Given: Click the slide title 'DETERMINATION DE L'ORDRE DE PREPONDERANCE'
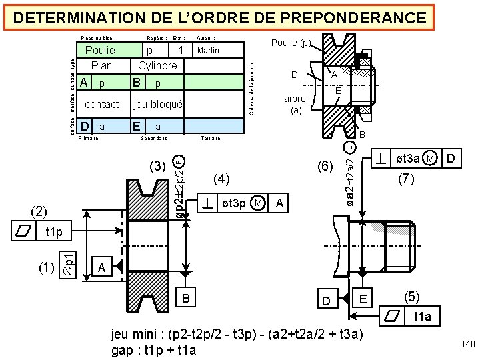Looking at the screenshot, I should tap(219, 17).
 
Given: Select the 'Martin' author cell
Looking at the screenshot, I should tap(208, 51).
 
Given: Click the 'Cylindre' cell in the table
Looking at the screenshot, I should tap(157, 65).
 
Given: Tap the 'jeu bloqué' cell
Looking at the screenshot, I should tap(158, 104).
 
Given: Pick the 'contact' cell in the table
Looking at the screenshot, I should tap(101, 104).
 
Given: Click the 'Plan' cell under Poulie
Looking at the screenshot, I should tap(101, 65).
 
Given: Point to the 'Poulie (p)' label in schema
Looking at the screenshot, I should tap(291, 43).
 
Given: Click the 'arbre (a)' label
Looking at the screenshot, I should tap(295, 105).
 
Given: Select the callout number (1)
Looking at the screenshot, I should tap(47, 268).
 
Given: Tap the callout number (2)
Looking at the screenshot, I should tap(40, 211).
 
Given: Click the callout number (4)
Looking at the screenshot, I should tap(221, 178).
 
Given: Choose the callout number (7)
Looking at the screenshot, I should tap(407, 179).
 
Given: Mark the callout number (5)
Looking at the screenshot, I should tap(413, 296).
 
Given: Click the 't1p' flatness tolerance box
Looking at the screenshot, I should tap(54, 233).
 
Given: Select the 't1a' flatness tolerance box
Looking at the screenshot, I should tap(422, 317).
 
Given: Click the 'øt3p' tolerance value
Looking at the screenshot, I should tap(233, 203).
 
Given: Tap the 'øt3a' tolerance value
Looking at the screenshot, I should tap(407, 159).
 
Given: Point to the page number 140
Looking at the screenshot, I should tap(467, 344).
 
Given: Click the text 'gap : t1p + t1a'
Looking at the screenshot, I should tap(155, 349).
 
